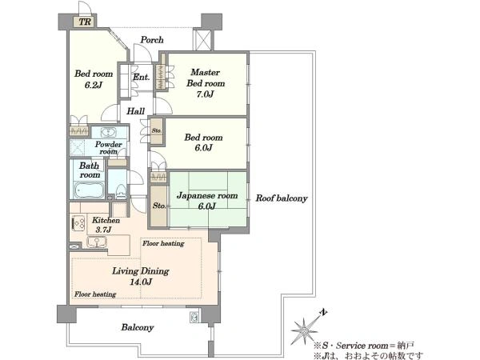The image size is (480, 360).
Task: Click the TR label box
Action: (x=84, y=22)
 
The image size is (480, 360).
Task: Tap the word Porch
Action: (x=152, y=40)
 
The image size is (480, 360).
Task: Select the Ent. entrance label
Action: (x=141, y=77)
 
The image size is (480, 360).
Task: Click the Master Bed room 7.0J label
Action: (x=206, y=83)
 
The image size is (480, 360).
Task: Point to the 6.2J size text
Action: (x=93, y=85)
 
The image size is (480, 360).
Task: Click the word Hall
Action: (x=136, y=111)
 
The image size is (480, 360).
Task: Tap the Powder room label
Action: (x=108, y=147)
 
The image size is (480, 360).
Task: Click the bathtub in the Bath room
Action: (x=89, y=190)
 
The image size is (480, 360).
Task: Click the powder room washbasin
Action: (x=107, y=132)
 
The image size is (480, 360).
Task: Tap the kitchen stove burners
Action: (x=78, y=223)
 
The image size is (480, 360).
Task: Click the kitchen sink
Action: (x=97, y=242)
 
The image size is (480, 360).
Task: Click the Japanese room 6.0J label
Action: (x=207, y=201)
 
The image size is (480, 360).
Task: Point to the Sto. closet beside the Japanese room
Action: (x=159, y=206)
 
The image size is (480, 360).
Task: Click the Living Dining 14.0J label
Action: (x=141, y=276)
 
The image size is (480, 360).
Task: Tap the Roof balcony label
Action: (x=282, y=198)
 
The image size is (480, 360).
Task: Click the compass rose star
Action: (x=305, y=330)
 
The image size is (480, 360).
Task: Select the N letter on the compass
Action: (x=323, y=313)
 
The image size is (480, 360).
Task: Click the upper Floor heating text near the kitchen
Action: (x=163, y=243)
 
